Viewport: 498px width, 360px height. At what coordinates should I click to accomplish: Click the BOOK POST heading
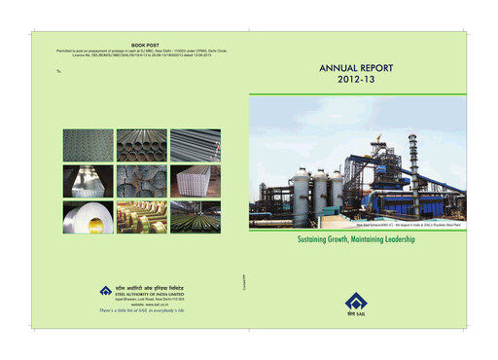pos(145,45)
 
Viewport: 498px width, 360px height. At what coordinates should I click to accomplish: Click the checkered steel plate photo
pos(88,145)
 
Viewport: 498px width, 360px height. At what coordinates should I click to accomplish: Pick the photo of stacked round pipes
pos(142,145)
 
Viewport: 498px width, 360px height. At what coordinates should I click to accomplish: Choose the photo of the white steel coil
pos(88,216)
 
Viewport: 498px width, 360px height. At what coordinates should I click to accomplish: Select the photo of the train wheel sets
pos(142,216)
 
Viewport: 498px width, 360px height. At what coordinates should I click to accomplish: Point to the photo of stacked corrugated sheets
pos(196,180)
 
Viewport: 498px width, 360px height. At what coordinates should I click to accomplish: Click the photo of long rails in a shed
pos(196,216)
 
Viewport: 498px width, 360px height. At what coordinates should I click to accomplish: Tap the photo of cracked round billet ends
pos(142,180)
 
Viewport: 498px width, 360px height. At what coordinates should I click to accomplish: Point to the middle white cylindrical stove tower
pos(318,191)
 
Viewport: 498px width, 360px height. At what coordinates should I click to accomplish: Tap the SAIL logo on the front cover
pos(353,304)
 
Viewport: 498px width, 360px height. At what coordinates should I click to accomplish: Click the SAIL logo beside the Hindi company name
pos(105,290)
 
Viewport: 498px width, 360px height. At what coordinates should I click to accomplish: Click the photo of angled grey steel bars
pos(88,180)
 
